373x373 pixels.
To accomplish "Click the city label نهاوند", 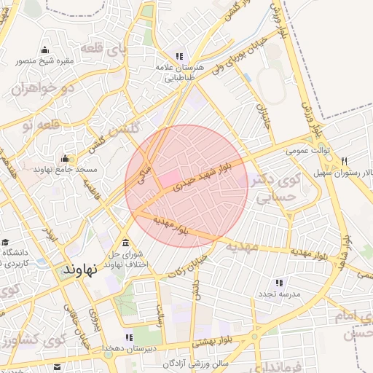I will [80, 269].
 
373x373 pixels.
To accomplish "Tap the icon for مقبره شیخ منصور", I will [45, 50].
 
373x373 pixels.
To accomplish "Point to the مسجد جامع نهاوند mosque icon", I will [66, 159].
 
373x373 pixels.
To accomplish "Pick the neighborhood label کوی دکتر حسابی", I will [275, 186].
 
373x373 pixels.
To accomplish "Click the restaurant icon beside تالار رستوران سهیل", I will [344, 161].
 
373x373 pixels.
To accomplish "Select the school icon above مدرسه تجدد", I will [278, 283].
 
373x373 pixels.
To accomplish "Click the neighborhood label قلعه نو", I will [38, 125].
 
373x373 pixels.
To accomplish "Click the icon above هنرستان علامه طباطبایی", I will [179, 56].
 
